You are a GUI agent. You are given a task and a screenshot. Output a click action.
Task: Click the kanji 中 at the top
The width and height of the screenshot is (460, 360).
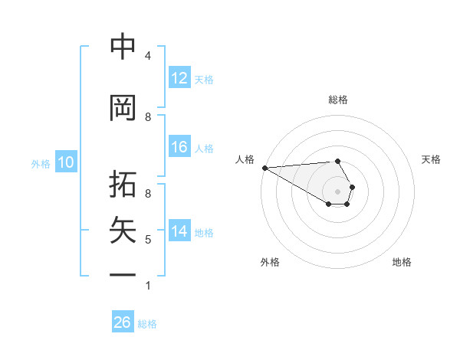point(123,47)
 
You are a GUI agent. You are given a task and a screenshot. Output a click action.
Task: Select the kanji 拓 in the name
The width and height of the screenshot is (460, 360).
point(123,186)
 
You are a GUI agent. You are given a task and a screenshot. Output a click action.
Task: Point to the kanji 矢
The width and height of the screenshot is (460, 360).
point(123,231)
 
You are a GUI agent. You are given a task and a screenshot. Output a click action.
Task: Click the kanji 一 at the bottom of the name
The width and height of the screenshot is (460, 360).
point(123,275)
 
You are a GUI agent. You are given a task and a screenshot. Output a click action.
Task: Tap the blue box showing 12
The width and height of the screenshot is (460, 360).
point(179,78)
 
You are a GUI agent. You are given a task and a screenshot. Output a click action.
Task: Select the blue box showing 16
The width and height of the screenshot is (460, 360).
point(179,148)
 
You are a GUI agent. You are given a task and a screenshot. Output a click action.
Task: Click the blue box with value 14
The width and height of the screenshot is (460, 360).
point(179,232)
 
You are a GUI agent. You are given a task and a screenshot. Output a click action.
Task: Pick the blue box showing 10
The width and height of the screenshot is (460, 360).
point(66,162)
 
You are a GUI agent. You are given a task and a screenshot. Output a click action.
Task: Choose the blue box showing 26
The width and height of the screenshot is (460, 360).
point(123,322)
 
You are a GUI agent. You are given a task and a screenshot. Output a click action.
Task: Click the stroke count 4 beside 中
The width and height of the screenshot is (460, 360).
point(147,56)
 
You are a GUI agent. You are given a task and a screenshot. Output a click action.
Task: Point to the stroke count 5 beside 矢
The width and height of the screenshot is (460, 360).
point(147,240)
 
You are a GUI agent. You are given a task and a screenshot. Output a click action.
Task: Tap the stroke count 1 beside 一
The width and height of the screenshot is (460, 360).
point(147,286)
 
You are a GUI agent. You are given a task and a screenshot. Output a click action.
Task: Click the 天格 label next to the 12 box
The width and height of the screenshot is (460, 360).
point(204,79)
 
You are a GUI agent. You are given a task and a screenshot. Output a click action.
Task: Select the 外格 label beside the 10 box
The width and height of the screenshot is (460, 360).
point(41,163)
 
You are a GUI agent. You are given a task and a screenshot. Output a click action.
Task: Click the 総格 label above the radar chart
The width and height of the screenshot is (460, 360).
point(337,100)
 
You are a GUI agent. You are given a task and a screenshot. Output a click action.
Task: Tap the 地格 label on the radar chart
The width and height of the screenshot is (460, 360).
point(402,262)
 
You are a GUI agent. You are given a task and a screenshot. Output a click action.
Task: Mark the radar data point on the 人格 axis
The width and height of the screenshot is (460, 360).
point(264,168)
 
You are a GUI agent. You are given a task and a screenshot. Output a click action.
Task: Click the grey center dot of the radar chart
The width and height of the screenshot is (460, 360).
point(337,191)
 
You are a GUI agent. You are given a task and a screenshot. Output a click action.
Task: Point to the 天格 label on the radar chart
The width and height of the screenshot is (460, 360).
point(431,159)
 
